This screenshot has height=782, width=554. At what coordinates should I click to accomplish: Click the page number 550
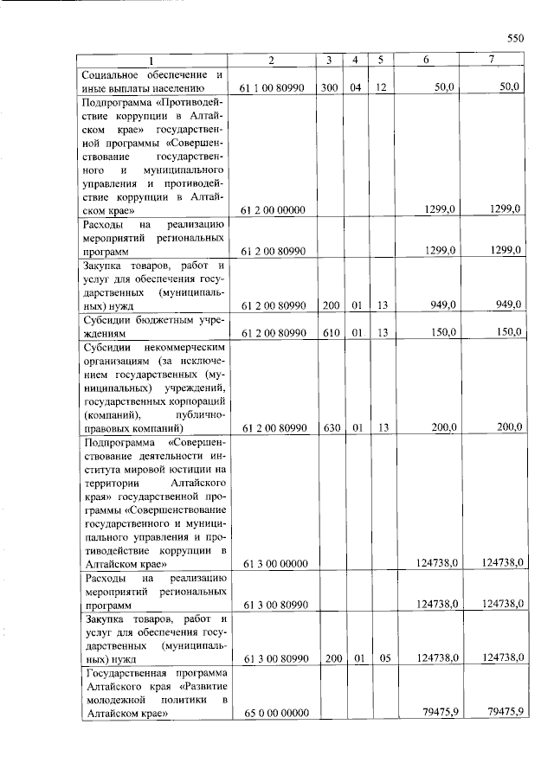point(516,38)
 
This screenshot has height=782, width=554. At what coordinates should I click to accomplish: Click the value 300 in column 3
point(329,88)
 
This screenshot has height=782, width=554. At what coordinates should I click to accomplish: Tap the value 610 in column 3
point(329,332)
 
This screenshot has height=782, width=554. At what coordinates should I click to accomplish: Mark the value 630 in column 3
point(329,427)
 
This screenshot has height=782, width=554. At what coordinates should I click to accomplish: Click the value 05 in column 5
point(385,658)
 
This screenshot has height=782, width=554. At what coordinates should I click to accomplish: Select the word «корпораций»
point(196,401)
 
